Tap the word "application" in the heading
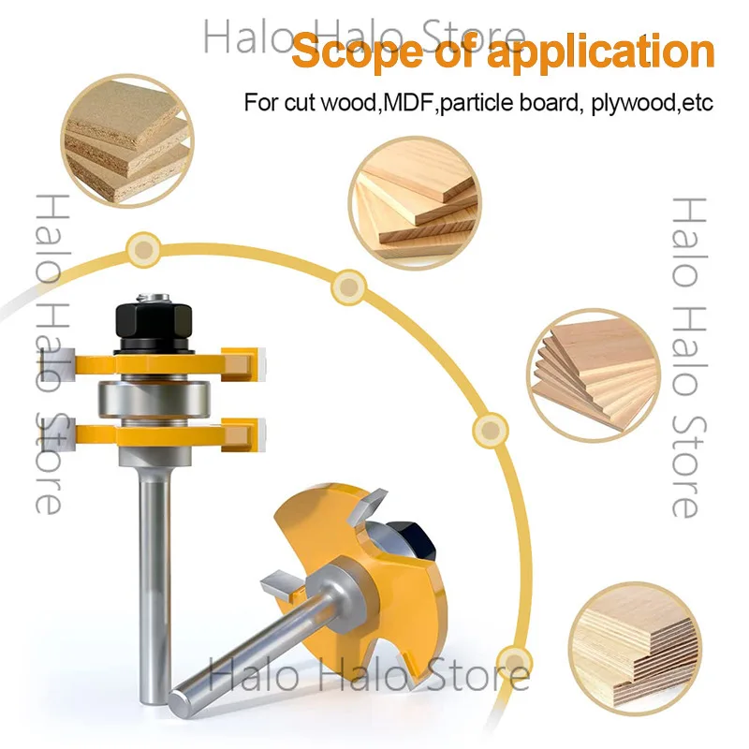601,52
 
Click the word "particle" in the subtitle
477,104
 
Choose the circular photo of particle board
127,141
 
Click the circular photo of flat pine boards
415,203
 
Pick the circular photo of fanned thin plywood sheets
594,375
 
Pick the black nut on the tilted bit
417,540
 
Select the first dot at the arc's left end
144,249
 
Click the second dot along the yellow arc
349,287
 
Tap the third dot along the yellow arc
490,431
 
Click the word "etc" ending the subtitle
698,103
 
